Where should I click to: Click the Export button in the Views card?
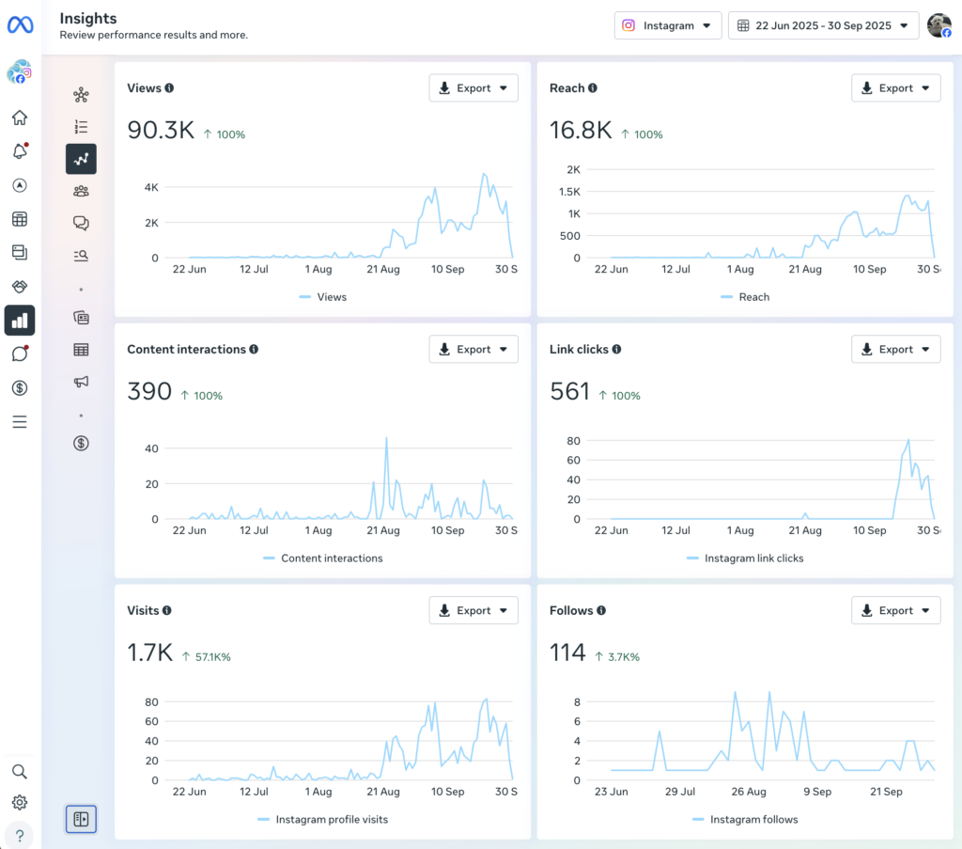[x=473, y=88]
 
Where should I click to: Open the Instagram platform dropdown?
[x=668, y=25]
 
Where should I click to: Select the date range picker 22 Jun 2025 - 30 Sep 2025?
[x=823, y=25]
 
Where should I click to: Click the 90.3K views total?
[x=161, y=131]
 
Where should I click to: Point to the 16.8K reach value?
[x=581, y=131]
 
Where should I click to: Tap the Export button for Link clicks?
[x=895, y=350]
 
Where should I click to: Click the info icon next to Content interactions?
[x=254, y=350]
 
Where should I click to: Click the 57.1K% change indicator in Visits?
[x=207, y=657]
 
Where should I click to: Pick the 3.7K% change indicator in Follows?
[x=617, y=657]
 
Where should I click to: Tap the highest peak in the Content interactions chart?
[x=386, y=438]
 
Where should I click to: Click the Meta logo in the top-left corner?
[x=20, y=25]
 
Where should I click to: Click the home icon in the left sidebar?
[x=20, y=118]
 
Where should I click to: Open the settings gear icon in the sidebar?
[x=20, y=803]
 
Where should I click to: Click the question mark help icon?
[x=20, y=836]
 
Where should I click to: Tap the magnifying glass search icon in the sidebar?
[x=20, y=772]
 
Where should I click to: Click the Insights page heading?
[x=87, y=18]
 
